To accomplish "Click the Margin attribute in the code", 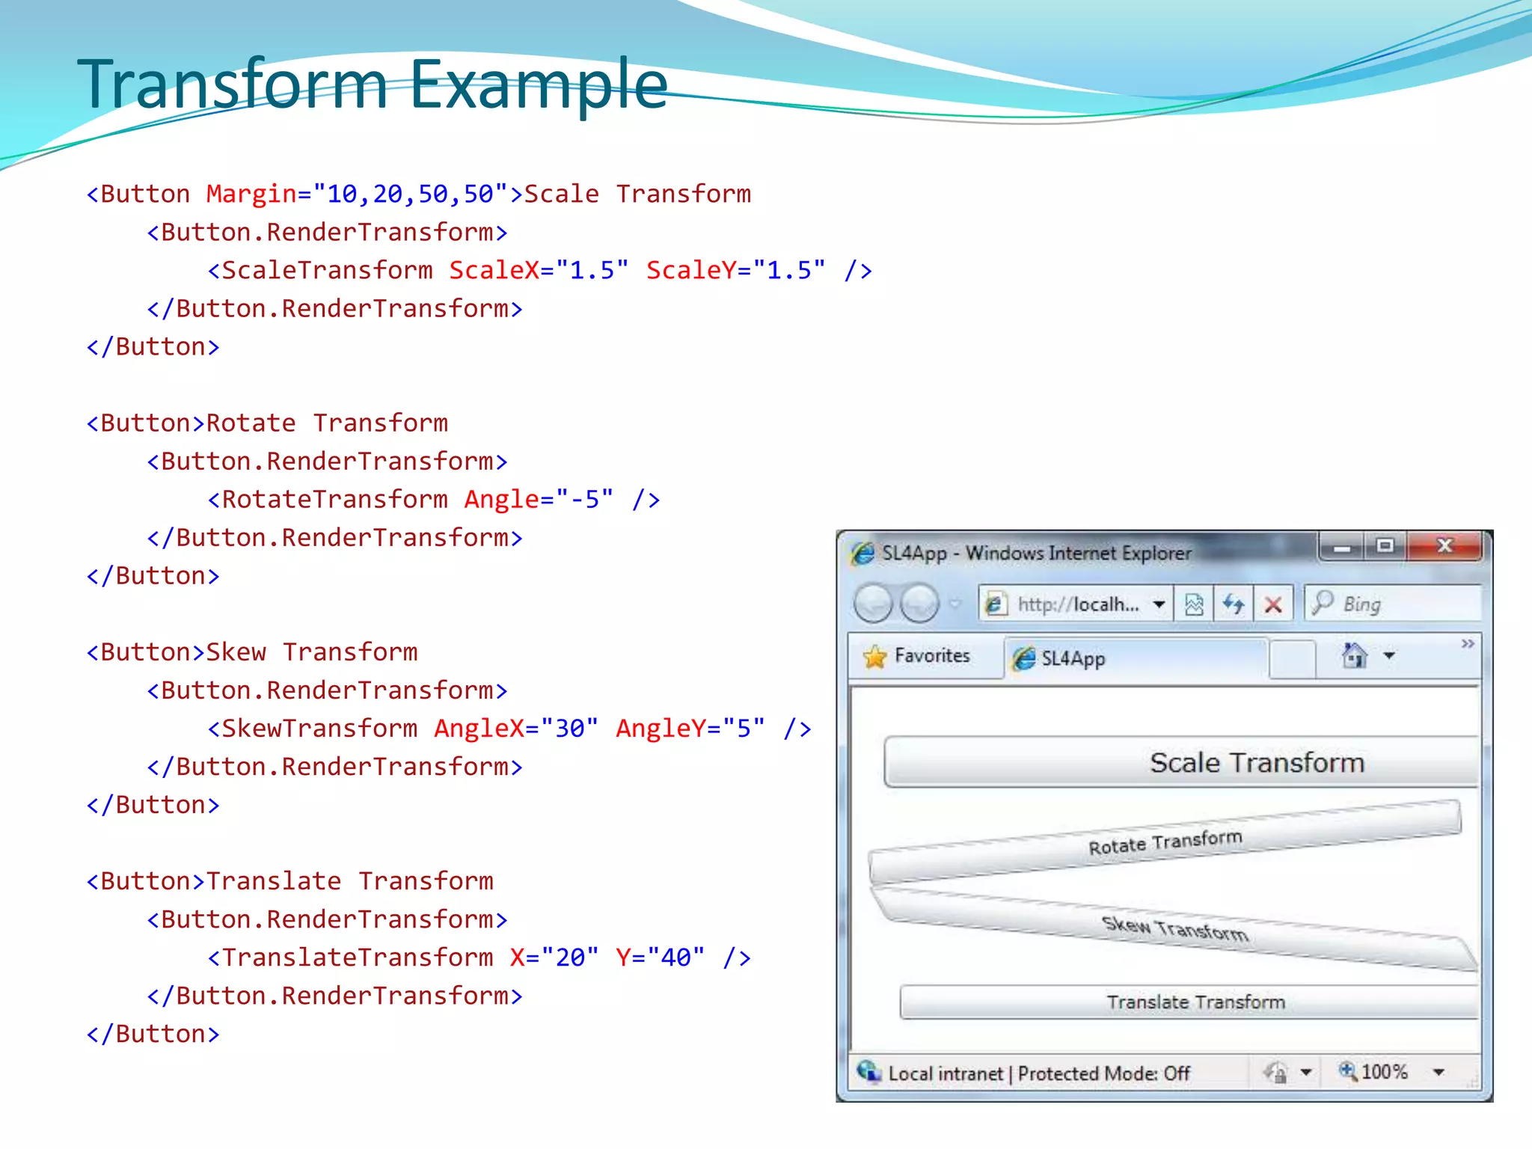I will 251,194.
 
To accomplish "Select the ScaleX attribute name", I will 494,270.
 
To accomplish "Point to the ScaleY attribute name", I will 691,270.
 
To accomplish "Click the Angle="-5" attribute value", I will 585,499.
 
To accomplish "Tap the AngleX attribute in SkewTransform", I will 479,728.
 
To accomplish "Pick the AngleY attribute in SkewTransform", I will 661,728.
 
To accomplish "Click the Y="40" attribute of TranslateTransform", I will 660,957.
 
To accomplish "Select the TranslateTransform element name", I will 358,957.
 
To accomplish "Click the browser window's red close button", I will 1444,546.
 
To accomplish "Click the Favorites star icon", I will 874,657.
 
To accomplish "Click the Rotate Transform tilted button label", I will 1165,842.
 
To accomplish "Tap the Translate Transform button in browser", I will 1195,1002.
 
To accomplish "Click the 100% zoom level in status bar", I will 1384,1072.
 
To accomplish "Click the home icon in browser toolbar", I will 1354,656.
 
